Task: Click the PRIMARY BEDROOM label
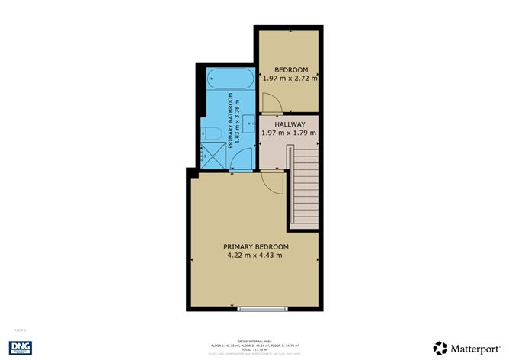256,246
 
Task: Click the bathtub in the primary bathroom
229,79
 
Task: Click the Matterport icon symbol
440,346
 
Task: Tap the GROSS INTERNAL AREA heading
254,341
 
